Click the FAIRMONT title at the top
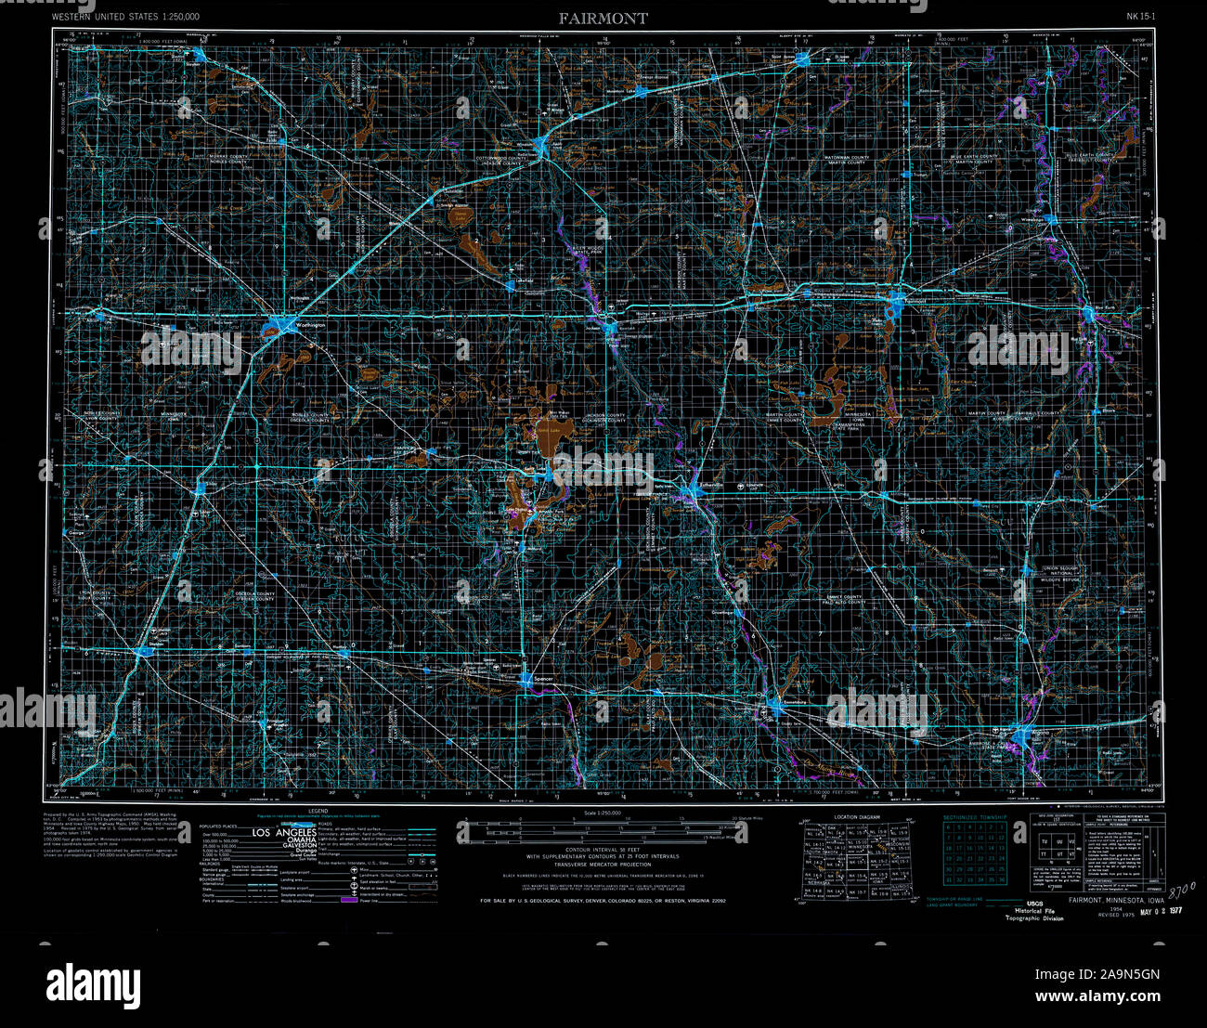(603, 18)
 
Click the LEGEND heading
(304, 811)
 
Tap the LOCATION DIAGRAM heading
(856, 817)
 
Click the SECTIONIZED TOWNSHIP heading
(974, 816)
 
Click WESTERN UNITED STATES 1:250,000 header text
(124, 17)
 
